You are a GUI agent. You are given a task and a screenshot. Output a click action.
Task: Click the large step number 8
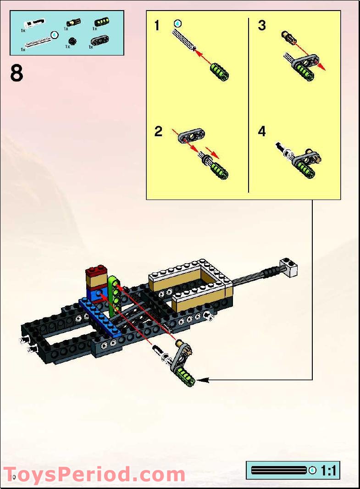coord(17,73)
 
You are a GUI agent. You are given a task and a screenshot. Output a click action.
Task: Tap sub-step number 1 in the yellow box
coord(157,26)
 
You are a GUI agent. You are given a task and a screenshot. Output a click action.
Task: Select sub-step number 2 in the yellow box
coord(158,132)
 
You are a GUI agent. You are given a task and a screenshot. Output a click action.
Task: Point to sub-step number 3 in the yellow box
coord(262,26)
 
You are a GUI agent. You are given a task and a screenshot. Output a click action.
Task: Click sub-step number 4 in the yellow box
coord(262,132)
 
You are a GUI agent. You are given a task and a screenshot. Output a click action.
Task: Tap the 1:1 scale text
coord(329,471)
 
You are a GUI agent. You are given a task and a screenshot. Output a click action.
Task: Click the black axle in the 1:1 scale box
coord(278,471)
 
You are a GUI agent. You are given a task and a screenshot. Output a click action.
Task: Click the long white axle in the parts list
coord(39,40)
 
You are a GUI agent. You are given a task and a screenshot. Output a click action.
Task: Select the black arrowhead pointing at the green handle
coord(203,380)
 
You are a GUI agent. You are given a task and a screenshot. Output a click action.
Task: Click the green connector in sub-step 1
coord(219,72)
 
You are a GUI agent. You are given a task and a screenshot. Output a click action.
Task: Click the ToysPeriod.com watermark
coord(94,474)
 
